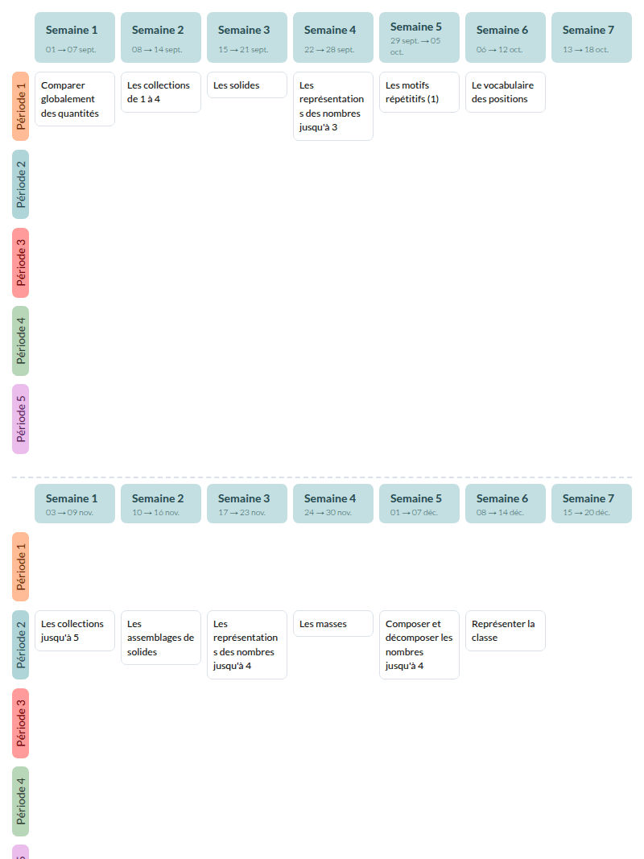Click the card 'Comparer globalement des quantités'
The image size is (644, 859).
click(x=75, y=99)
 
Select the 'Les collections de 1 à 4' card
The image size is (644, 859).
click(x=160, y=92)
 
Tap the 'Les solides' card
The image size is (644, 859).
click(x=247, y=85)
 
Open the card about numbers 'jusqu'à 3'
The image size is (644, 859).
click(x=333, y=106)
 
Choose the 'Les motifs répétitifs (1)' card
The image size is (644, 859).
click(x=419, y=92)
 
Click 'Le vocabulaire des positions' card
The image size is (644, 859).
click(x=506, y=92)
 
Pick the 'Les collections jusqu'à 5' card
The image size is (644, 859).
click(x=75, y=630)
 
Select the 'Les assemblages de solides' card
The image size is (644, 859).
click(x=160, y=638)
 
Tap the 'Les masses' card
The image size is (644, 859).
click(x=333, y=623)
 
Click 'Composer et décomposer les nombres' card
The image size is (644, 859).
click(x=419, y=645)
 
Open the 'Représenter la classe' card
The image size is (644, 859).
click(x=506, y=630)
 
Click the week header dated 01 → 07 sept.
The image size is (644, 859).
click(x=75, y=37)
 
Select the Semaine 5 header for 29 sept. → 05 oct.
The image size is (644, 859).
click(x=419, y=37)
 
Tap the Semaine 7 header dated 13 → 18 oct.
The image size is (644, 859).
click(x=592, y=37)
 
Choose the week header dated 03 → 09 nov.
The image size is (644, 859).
click(x=75, y=503)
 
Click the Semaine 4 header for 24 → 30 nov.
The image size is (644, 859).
click(x=333, y=503)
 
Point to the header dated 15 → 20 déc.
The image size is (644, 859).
click(x=592, y=503)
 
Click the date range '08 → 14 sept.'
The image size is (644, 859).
click(x=157, y=49)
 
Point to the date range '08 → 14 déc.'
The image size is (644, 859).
click(x=500, y=513)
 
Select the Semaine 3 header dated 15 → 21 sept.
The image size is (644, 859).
click(x=247, y=37)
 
